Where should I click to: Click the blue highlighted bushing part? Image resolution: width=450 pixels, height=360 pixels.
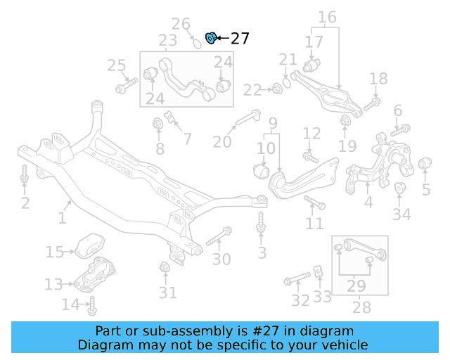click(210, 37)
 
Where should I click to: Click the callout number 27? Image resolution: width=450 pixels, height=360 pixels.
click(240, 38)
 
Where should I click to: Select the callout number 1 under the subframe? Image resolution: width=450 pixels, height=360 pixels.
click(62, 219)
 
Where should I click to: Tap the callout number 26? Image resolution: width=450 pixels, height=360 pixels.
click(181, 25)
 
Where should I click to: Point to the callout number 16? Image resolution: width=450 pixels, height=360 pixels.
click(327, 17)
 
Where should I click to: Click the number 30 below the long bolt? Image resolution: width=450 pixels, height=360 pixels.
click(221, 259)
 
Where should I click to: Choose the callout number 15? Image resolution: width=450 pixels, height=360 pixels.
click(54, 252)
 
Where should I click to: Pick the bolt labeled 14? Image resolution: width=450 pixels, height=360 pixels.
click(92, 306)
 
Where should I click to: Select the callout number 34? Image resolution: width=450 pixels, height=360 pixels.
click(401, 214)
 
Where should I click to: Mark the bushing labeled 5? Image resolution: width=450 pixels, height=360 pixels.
click(424, 165)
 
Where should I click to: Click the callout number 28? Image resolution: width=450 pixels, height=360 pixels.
click(361, 308)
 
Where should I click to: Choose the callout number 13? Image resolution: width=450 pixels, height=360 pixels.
click(53, 284)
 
